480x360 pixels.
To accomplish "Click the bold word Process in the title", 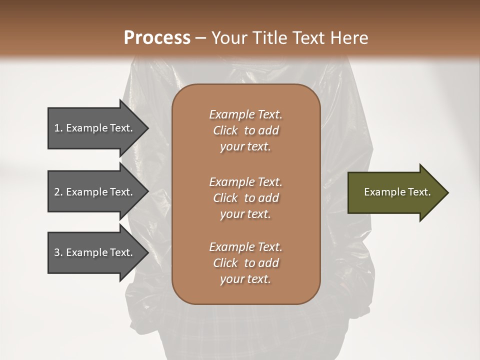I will point(157,38).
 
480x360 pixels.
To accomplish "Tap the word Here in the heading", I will point(350,38).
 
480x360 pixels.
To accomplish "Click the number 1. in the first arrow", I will point(58,128).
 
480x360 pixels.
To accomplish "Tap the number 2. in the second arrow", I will point(58,192).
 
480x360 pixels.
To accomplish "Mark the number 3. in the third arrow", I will point(58,252).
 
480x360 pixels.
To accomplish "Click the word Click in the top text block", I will point(225,131).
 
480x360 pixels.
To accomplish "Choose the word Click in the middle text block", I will point(225,198).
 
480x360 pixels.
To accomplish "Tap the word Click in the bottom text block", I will point(225,263).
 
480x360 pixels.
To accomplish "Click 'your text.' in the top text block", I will point(245,147).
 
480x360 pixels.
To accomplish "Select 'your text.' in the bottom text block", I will point(245,279).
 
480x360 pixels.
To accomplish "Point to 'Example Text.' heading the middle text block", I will point(245,181).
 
